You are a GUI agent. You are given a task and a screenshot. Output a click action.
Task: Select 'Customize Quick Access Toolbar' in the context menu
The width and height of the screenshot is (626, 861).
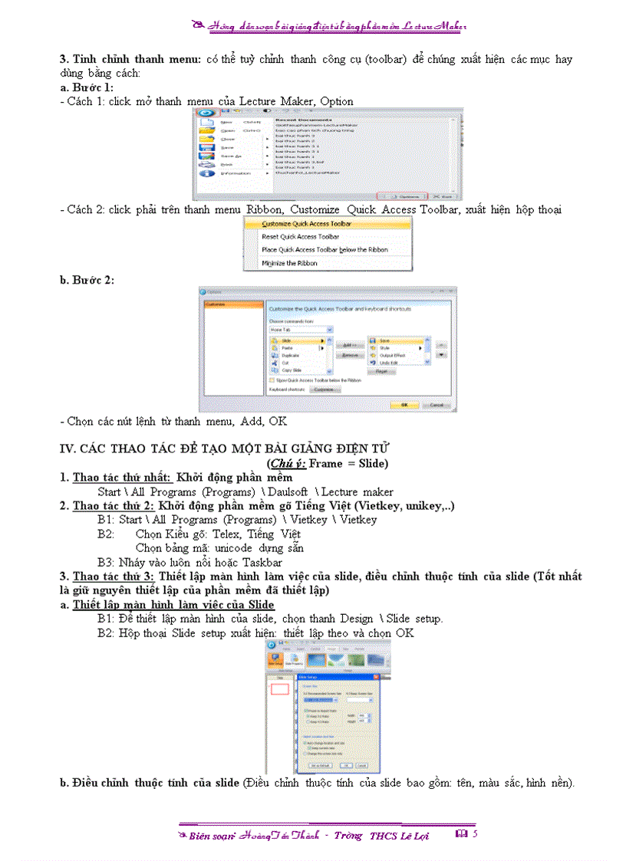pyautogui.click(x=306, y=224)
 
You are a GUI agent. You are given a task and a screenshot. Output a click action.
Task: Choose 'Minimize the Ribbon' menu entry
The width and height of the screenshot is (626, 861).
pyautogui.click(x=289, y=263)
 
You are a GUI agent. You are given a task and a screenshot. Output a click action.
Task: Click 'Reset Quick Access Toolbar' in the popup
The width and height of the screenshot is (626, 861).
pyautogui.click(x=300, y=237)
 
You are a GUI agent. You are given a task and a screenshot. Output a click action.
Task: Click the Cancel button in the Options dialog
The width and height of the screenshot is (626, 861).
pyautogui.click(x=435, y=404)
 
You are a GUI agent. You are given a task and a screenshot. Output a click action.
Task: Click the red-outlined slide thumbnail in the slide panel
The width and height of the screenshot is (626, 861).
pyautogui.click(x=280, y=688)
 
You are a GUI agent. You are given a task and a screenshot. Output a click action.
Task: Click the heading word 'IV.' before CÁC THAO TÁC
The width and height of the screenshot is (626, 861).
pyautogui.click(x=68, y=447)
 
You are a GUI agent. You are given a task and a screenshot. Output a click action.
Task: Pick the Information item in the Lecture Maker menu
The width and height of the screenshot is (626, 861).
pyautogui.click(x=235, y=173)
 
